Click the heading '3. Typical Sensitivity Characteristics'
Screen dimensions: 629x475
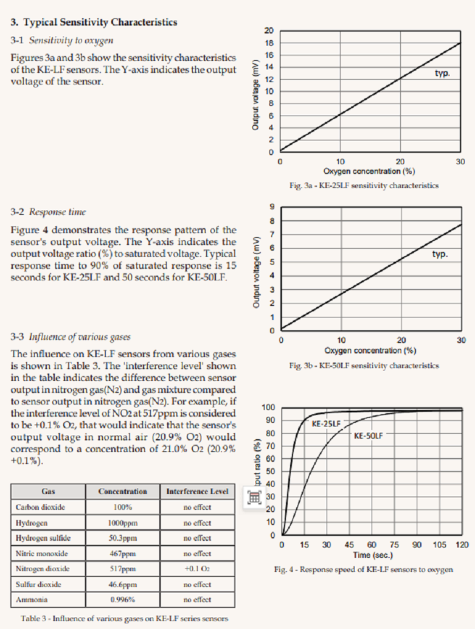point(94,23)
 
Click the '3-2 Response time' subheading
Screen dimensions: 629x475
point(48,212)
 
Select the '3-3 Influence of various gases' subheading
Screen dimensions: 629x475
point(71,337)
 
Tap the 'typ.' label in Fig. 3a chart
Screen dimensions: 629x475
point(442,73)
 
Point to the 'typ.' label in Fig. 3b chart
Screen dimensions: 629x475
point(440,254)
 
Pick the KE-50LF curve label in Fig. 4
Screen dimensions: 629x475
point(371,436)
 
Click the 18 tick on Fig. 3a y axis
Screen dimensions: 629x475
point(269,43)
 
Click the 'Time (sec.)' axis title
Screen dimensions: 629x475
point(373,555)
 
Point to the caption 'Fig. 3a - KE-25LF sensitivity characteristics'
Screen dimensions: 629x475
point(364,186)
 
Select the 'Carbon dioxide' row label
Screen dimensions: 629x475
point(40,507)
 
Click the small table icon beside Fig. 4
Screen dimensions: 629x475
point(254,496)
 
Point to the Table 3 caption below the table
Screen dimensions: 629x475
point(124,619)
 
